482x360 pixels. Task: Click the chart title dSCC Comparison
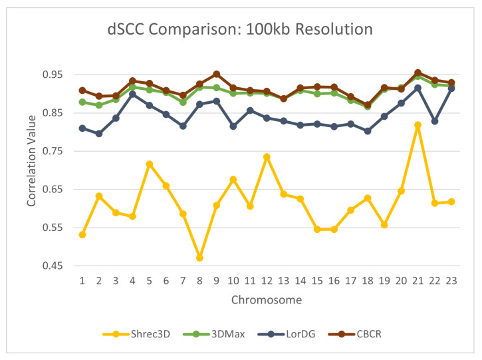coord(240,29)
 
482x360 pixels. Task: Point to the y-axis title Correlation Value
coord(31,170)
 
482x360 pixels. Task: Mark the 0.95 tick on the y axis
coord(57,75)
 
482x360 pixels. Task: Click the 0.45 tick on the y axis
coord(57,266)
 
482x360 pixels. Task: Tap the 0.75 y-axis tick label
coord(57,151)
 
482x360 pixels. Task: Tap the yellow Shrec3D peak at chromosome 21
coord(418,125)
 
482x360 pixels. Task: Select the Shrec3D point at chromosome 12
coord(267,157)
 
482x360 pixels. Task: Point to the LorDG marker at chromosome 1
coord(82,128)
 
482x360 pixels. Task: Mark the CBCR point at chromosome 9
coord(216,74)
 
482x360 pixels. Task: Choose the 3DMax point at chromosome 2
coord(99,105)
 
